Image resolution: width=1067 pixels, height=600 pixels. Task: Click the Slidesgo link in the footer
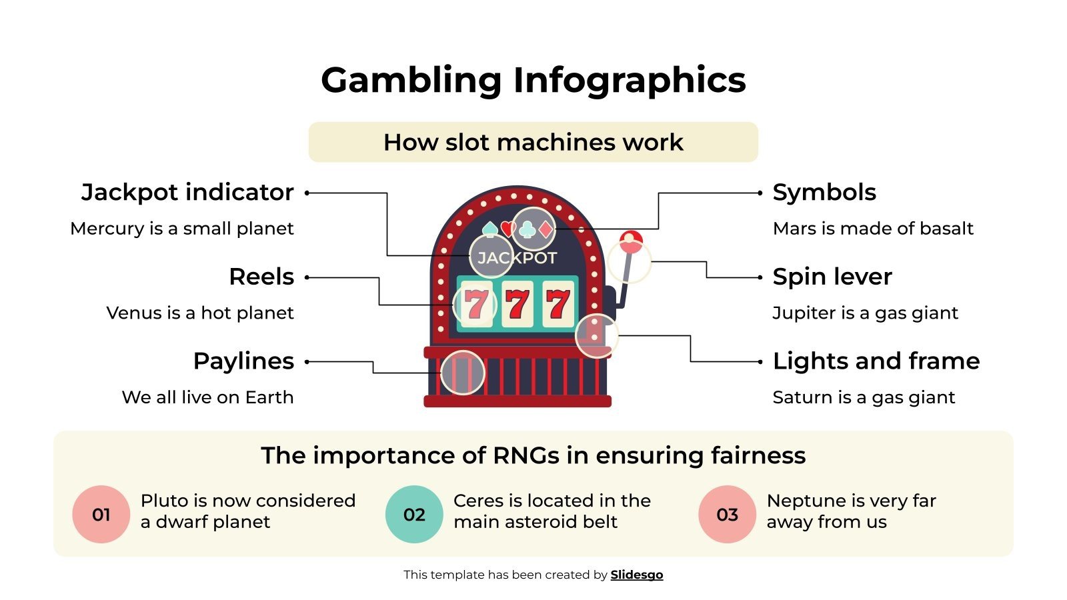click(636, 575)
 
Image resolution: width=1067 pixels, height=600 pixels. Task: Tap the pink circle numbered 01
click(101, 514)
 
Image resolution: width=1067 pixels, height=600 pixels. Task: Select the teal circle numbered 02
click(414, 514)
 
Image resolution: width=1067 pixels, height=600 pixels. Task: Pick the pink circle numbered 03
click(727, 514)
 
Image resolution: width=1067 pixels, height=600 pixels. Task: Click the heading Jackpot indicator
click(187, 192)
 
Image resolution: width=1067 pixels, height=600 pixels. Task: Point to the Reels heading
click(261, 277)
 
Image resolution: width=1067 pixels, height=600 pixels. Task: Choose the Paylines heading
click(243, 361)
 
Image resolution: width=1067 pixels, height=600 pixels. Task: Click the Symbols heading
click(824, 192)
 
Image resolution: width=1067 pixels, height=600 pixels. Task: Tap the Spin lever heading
click(832, 277)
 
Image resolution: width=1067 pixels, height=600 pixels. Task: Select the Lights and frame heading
click(876, 361)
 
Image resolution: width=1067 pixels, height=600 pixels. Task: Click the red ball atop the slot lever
click(631, 241)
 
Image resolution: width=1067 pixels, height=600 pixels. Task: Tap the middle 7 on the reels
click(517, 305)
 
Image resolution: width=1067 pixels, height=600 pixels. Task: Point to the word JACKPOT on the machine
click(517, 258)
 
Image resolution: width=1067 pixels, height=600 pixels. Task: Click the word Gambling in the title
click(411, 80)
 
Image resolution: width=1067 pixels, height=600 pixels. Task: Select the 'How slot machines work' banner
click(533, 142)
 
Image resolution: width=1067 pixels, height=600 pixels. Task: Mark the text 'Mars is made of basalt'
click(873, 229)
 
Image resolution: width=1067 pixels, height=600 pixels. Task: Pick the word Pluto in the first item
click(163, 501)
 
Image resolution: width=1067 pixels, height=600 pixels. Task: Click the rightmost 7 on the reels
click(558, 305)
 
